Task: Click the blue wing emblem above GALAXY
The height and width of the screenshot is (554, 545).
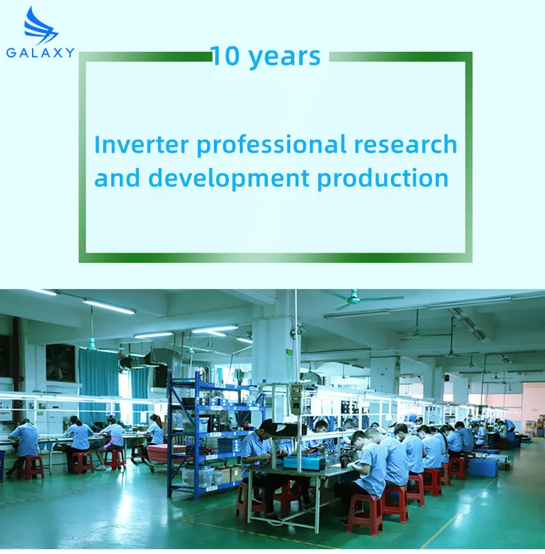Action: (40, 25)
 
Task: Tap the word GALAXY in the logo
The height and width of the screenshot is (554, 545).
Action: (40, 52)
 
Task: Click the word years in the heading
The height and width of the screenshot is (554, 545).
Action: (285, 58)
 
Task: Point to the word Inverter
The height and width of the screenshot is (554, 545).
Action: (142, 144)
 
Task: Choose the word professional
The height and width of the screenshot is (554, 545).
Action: (271, 146)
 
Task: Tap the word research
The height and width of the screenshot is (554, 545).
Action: (405, 144)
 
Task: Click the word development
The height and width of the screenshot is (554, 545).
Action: (229, 179)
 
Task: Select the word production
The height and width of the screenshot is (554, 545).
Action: (383, 179)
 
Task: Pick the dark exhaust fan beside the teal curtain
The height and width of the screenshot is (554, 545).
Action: (61, 362)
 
